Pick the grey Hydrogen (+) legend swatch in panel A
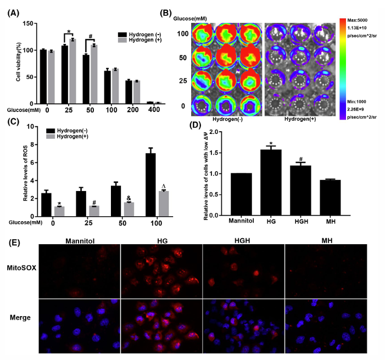point(122,41)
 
